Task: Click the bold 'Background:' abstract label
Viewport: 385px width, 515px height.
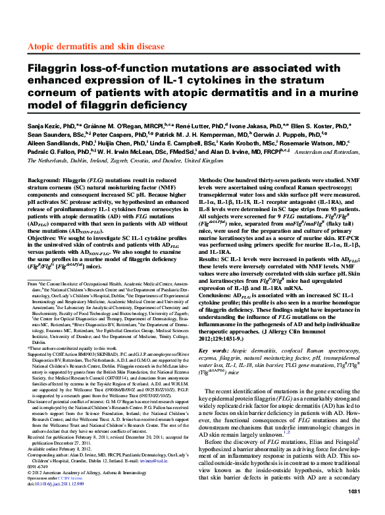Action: (x=46, y=179)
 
